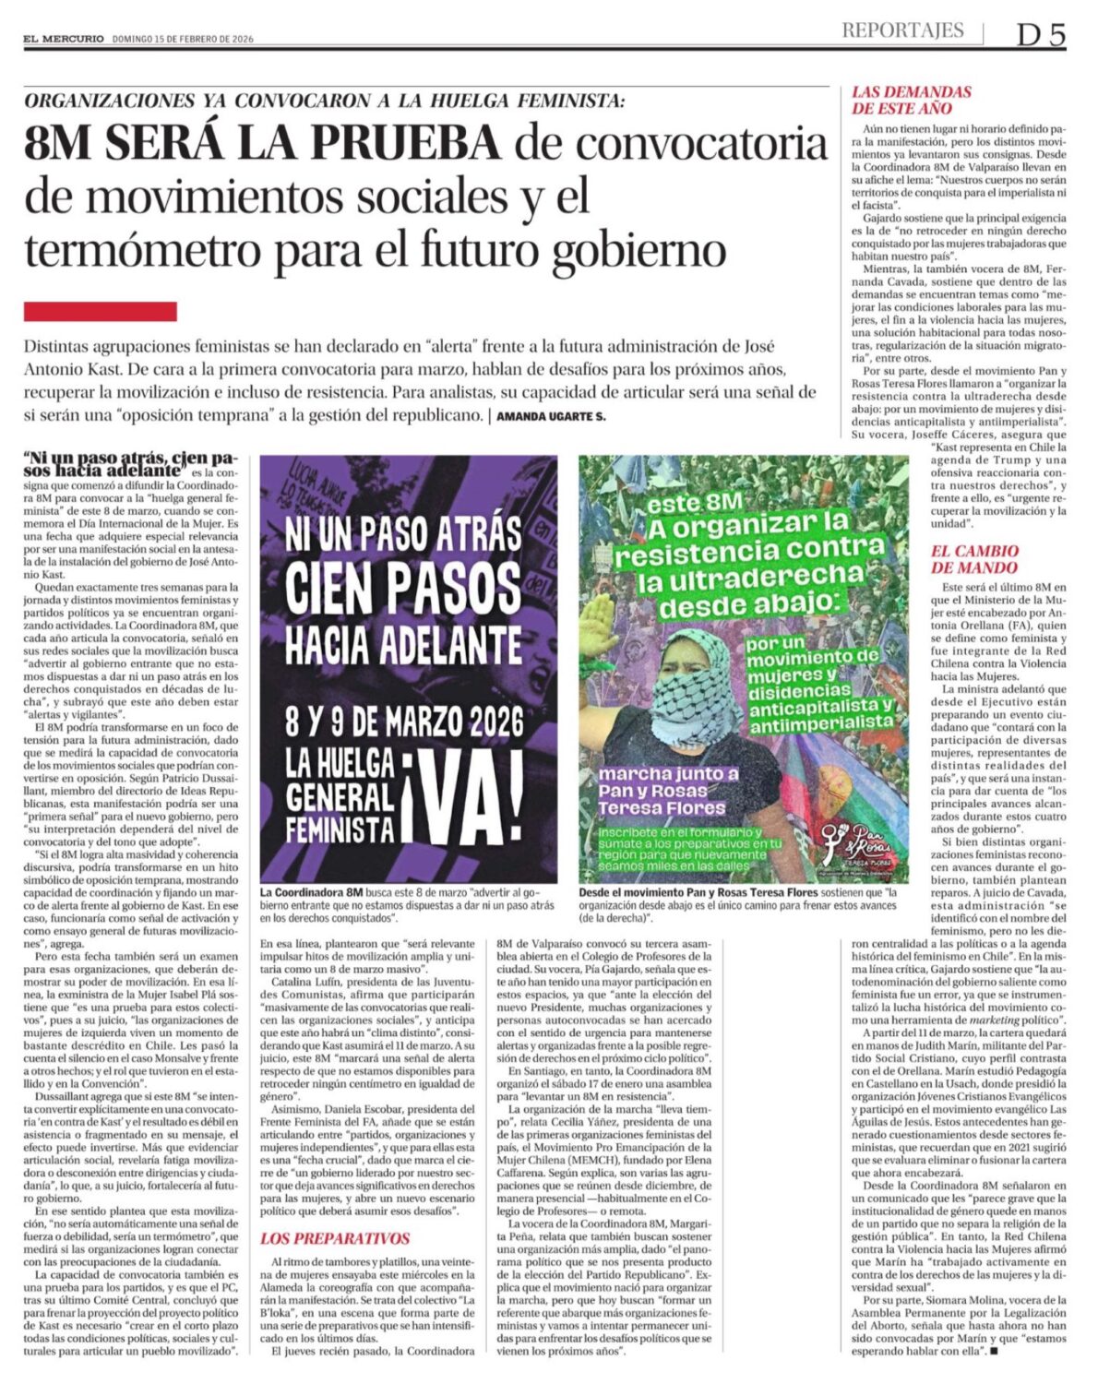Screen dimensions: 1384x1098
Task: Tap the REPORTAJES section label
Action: click(x=901, y=30)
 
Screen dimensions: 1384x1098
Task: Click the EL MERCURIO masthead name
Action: click(x=64, y=39)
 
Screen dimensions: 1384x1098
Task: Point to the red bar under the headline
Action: click(x=100, y=312)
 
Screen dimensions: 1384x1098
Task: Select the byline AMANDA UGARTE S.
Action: click(x=550, y=417)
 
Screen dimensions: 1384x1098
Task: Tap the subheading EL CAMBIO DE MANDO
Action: click(x=973, y=559)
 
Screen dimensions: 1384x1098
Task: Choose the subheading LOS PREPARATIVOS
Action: click(x=334, y=1238)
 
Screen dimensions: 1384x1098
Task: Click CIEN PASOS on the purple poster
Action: click(x=403, y=587)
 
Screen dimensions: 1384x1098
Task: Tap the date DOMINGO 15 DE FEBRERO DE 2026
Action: click(x=183, y=39)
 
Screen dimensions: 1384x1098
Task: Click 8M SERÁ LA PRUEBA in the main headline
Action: click(x=262, y=143)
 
